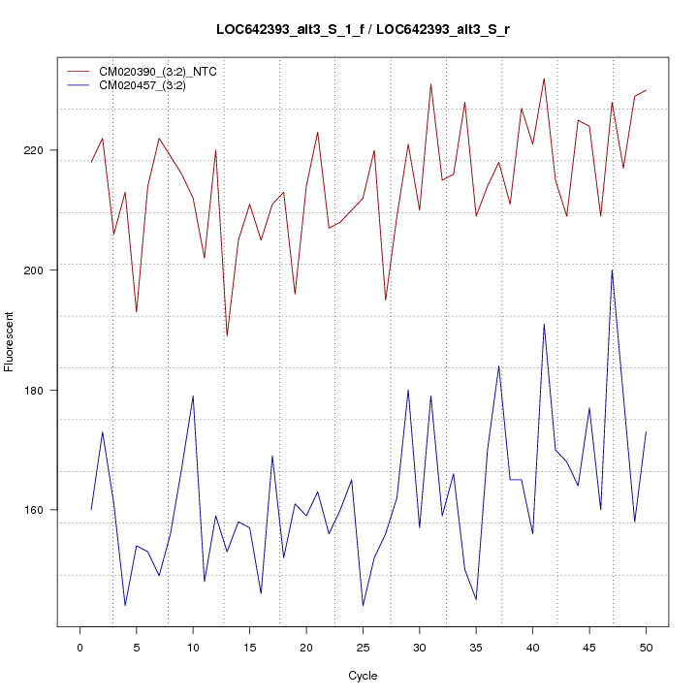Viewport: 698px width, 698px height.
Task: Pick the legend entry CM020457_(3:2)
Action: click(149, 85)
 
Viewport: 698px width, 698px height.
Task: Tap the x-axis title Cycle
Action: click(362, 676)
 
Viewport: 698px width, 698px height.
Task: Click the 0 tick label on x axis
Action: click(79, 646)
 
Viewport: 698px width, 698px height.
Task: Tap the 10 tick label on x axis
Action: click(193, 646)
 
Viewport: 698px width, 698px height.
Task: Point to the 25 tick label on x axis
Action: click(363, 646)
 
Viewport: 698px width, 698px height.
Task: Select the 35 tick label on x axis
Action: click(476, 646)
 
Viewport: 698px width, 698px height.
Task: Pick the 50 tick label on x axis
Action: click(646, 646)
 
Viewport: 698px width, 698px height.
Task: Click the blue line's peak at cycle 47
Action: click(612, 270)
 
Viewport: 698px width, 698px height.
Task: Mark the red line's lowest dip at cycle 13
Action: click(227, 335)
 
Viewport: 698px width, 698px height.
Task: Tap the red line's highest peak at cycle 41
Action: click(544, 79)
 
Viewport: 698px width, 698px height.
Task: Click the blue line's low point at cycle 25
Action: click(363, 605)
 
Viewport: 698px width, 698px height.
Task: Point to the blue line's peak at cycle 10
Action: click(193, 396)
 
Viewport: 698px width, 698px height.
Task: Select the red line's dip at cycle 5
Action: click(137, 311)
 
